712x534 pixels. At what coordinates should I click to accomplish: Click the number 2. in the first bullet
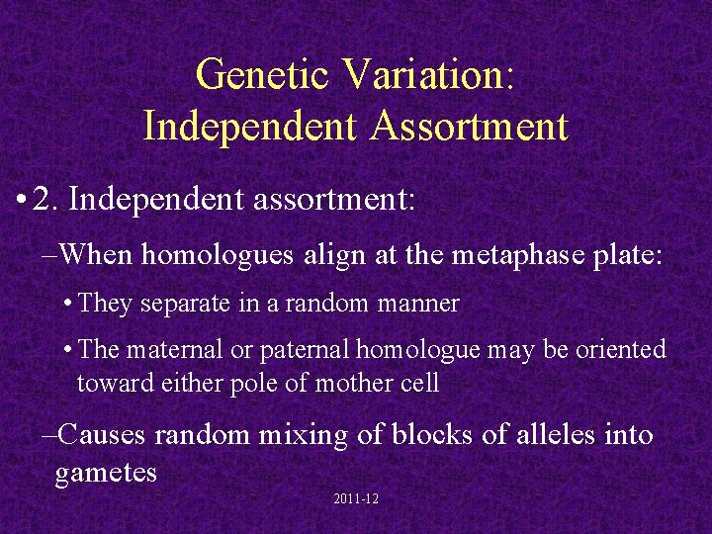[x=46, y=201]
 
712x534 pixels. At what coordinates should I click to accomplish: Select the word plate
[x=617, y=254]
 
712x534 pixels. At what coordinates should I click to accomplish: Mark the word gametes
[x=106, y=472]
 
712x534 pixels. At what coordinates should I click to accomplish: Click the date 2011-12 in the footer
[x=356, y=500]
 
